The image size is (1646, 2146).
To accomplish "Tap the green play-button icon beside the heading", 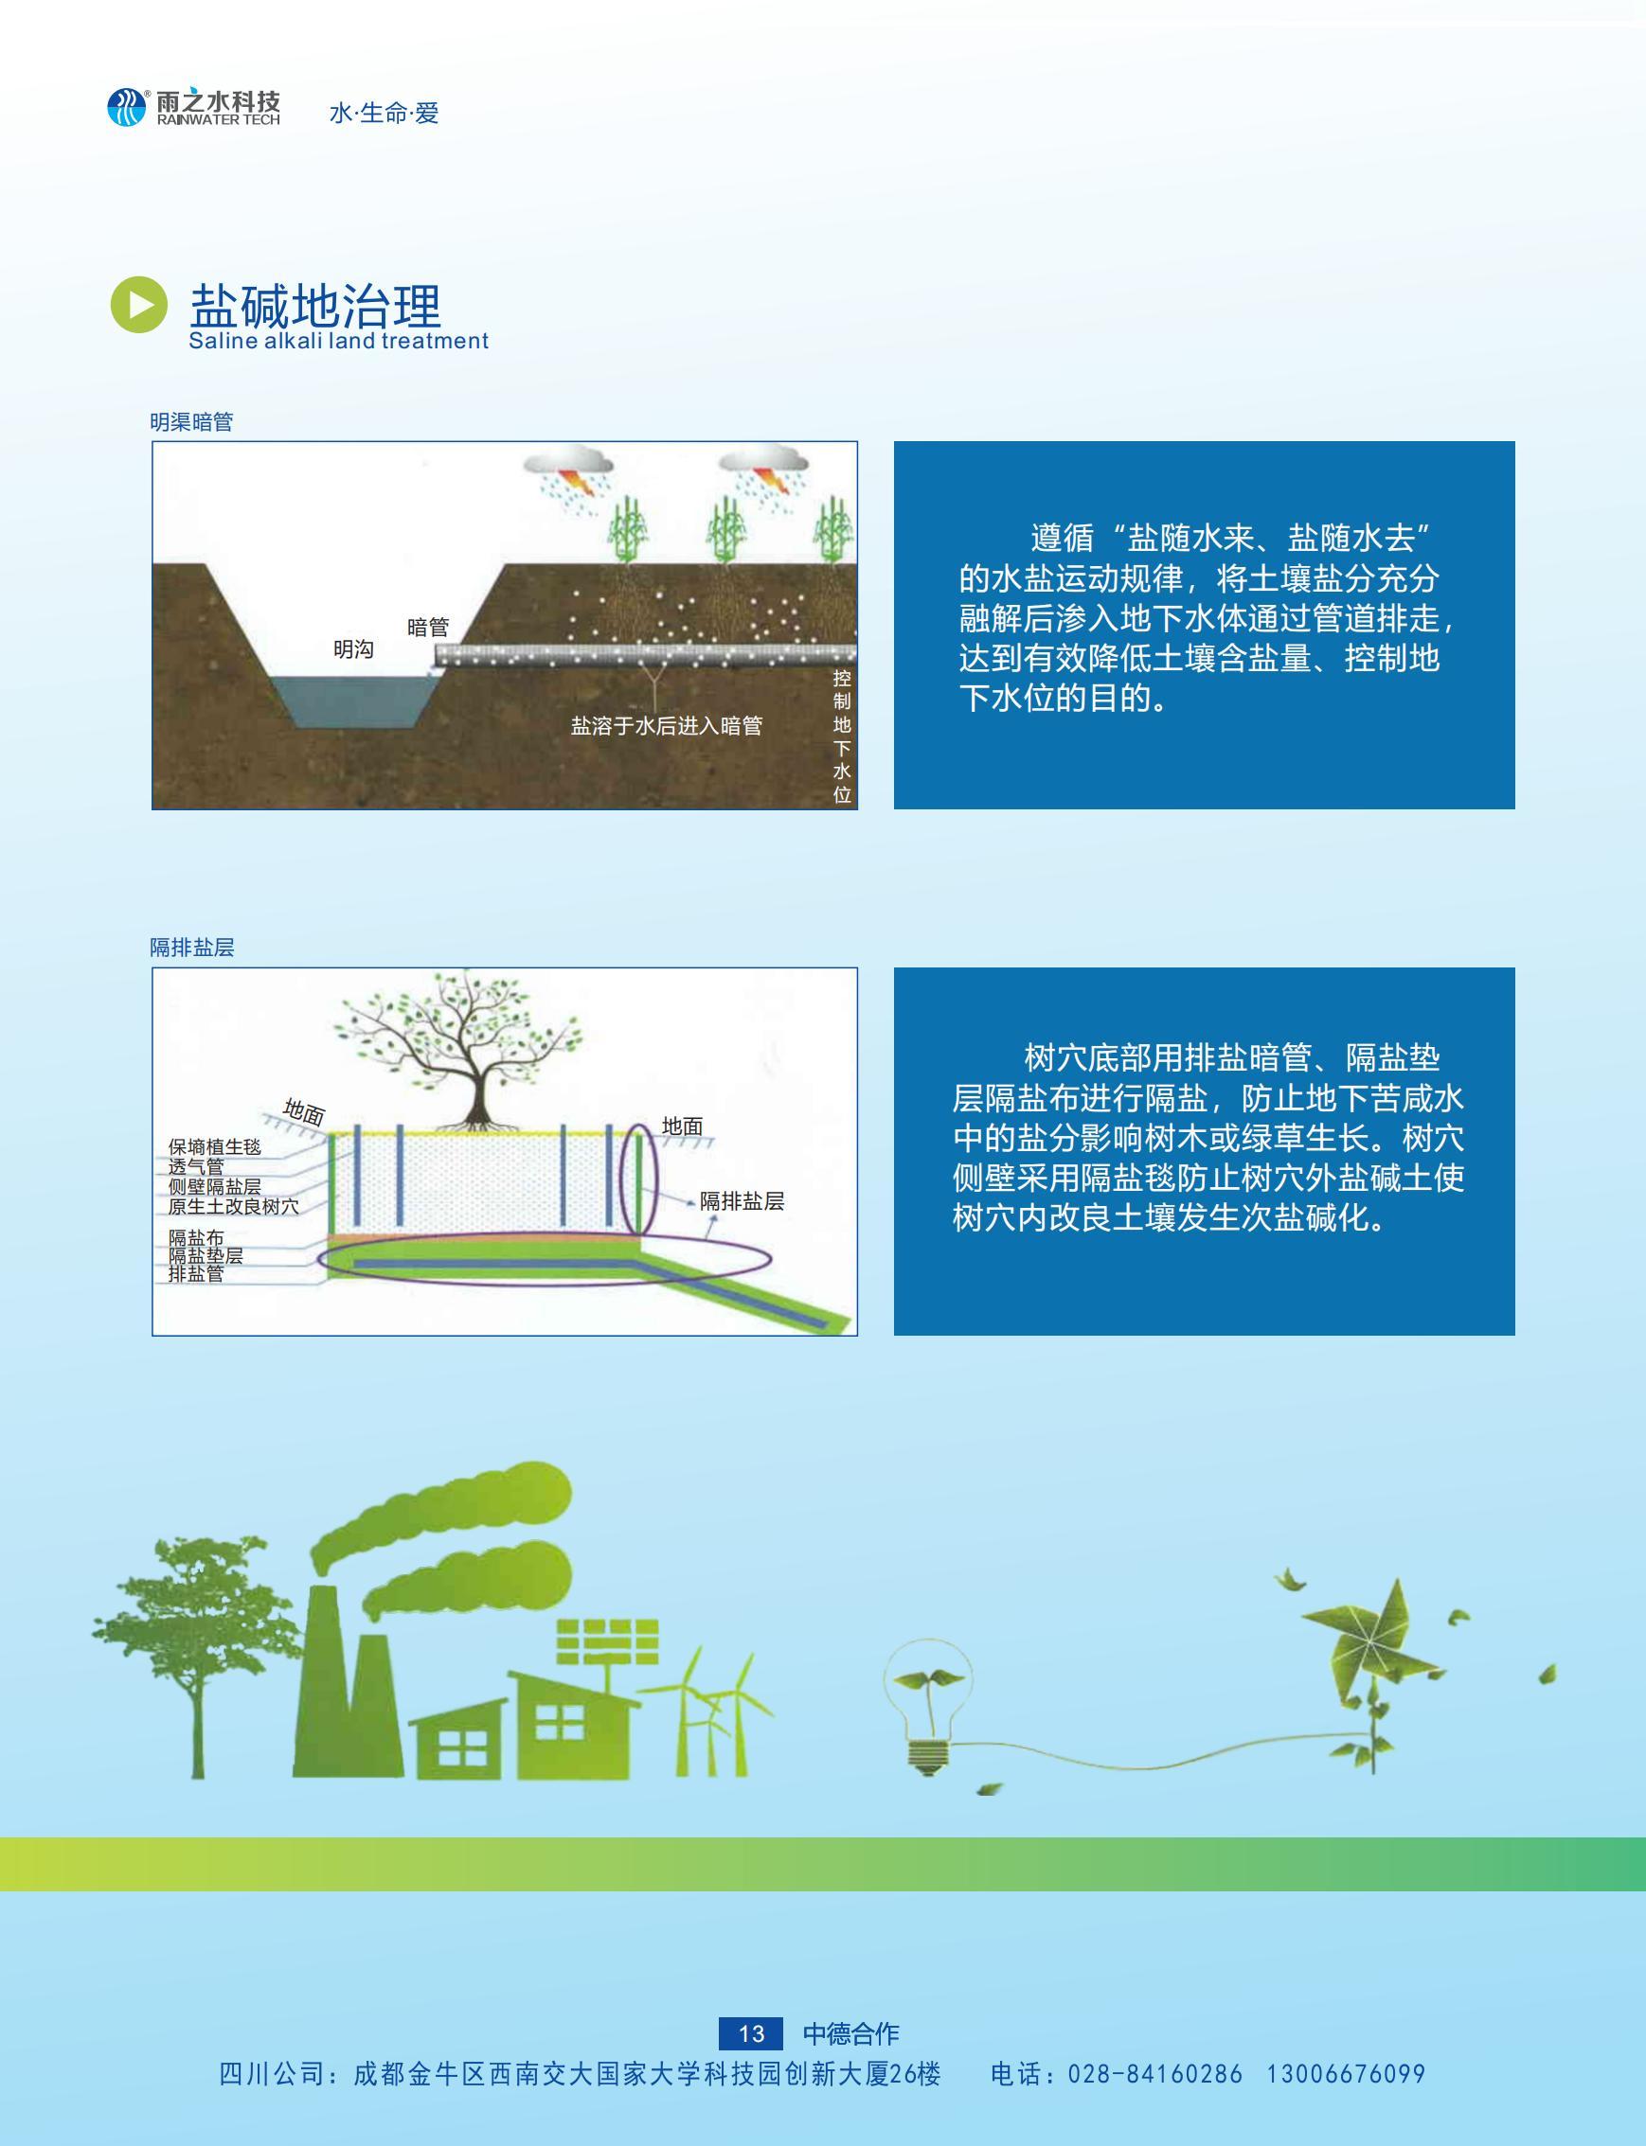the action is point(138,305).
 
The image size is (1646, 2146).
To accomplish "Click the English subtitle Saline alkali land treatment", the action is point(338,341).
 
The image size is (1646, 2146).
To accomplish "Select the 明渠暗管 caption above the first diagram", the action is point(191,422).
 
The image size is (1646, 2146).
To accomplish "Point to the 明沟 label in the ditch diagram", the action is point(353,649).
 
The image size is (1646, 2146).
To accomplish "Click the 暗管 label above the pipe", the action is point(428,627).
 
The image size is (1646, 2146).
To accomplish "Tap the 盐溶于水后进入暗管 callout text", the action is point(666,726).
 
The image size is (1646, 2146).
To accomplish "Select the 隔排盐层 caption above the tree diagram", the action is point(192,948).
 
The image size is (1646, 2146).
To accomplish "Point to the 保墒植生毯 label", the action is point(215,1147).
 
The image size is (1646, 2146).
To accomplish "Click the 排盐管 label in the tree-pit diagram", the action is point(196,1273).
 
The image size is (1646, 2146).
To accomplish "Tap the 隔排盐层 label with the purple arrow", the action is point(742,1202).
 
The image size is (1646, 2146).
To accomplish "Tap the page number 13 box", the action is point(751,2034).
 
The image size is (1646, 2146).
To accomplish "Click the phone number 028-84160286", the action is point(1155,2074).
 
